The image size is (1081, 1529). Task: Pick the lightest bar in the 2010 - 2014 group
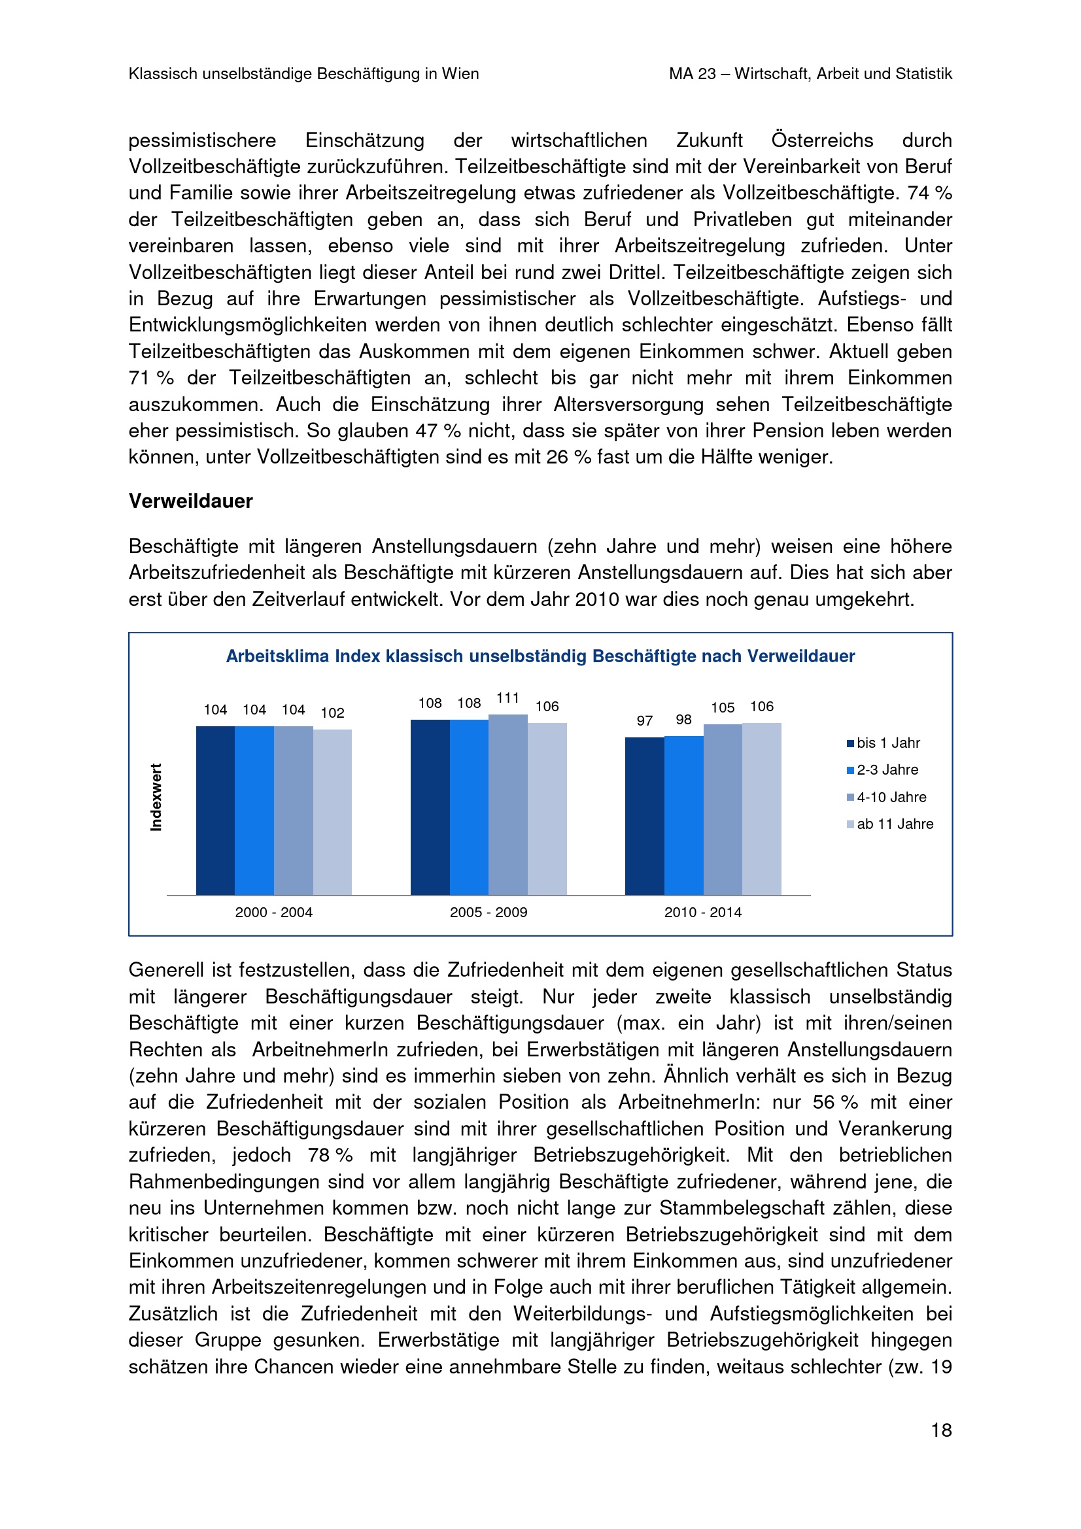(x=761, y=809)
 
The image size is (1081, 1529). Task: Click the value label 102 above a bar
(x=332, y=713)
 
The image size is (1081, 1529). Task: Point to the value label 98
(x=683, y=719)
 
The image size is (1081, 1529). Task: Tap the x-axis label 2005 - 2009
(x=489, y=913)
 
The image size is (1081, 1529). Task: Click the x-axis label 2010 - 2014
(x=703, y=913)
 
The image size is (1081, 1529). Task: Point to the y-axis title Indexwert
(x=156, y=797)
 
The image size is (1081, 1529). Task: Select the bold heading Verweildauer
(x=190, y=501)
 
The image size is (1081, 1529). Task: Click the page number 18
(x=940, y=1430)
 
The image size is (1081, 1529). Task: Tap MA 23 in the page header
(x=692, y=74)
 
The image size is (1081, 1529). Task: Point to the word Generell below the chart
(x=167, y=970)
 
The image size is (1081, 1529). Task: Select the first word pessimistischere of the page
(x=202, y=141)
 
